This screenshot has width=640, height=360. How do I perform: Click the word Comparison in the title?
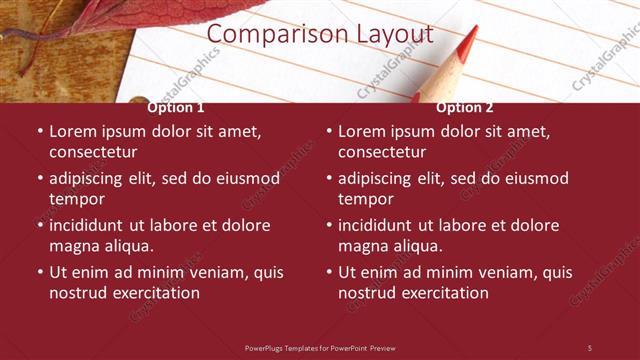264,34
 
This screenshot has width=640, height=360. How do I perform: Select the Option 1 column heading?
176,107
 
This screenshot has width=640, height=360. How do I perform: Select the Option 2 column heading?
465,107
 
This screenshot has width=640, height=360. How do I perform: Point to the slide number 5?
589,347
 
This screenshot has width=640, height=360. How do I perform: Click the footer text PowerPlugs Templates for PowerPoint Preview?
320,347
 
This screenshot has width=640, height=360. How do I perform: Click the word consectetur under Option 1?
93,152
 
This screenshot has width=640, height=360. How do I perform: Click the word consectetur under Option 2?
382,152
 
